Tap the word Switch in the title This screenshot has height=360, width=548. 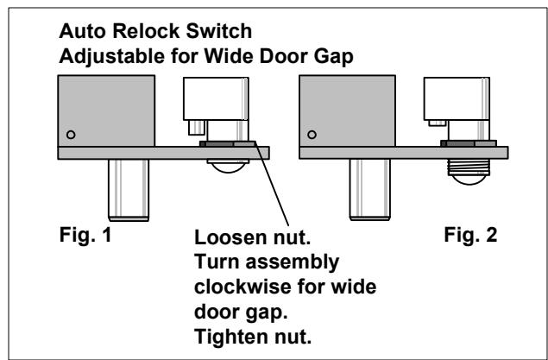click(219, 31)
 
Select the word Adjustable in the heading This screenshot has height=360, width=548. click(112, 57)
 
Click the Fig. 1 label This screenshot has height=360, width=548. click(85, 235)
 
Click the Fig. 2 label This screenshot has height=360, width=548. click(470, 235)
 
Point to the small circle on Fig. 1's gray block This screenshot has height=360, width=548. click(71, 135)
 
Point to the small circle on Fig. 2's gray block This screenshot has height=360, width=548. click(312, 135)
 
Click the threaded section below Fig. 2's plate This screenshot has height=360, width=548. click(469, 167)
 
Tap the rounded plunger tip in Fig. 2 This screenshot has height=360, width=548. click(469, 180)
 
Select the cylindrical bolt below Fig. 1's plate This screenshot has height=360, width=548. click(129, 190)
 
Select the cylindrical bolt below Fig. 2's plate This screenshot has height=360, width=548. click(369, 190)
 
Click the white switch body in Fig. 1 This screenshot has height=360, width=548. click(216, 99)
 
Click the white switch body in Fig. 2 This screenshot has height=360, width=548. click(457, 99)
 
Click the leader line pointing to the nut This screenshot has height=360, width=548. click(272, 184)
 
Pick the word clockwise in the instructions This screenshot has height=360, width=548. click(243, 287)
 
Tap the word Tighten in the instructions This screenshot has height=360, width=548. click(231, 337)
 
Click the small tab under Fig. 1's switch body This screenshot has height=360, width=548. click(197, 128)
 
